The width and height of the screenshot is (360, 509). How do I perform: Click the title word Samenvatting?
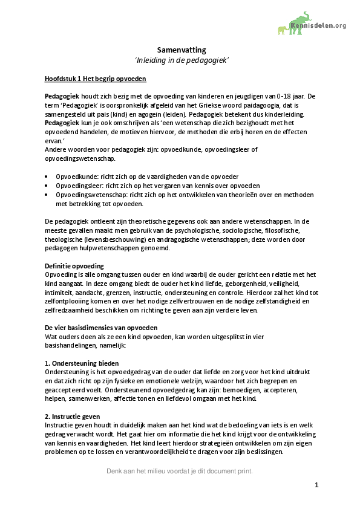click(x=181, y=50)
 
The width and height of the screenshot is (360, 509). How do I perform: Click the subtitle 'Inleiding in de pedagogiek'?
click(x=181, y=61)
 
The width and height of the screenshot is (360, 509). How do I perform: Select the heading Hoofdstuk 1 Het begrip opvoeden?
click(x=95, y=79)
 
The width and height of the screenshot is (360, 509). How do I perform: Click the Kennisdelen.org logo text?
click(x=319, y=25)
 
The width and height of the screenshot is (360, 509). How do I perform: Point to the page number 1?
click(x=316, y=485)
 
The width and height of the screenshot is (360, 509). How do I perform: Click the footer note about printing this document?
click(x=180, y=471)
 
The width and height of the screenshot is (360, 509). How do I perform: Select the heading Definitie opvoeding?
click(x=75, y=266)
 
